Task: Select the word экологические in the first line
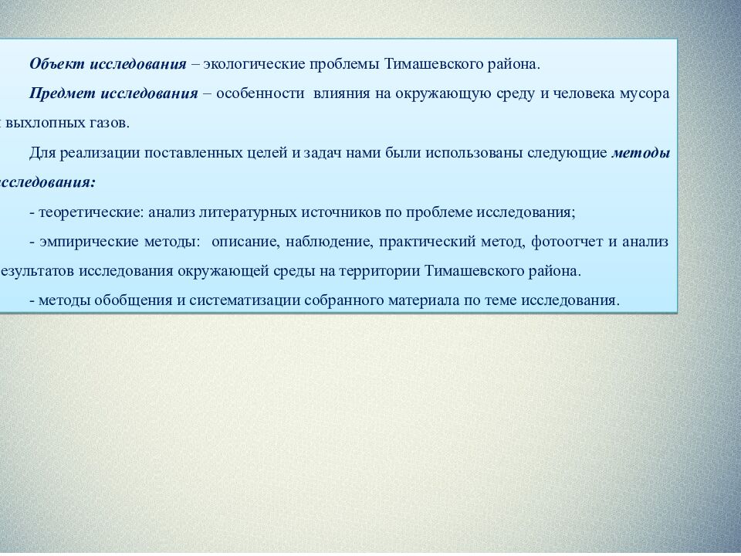(x=254, y=63)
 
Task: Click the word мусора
(x=644, y=93)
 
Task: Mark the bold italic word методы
(x=641, y=153)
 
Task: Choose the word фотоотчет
(x=562, y=242)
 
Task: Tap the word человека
(x=591, y=93)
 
